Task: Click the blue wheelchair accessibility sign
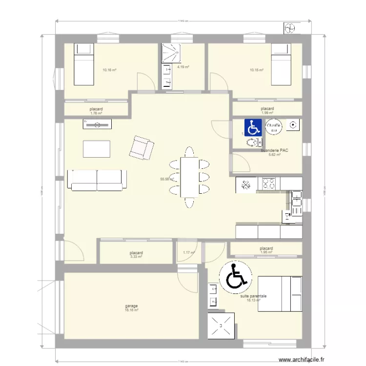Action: pyautogui.click(x=253, y=128)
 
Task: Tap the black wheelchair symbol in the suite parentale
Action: pyautogui.click(x=235, y=276)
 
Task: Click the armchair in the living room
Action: pyautogui.click(x=141, y=148)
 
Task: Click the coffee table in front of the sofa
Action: pyautogui.click(x=96, y=149)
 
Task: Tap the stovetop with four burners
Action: pyautogui.click(x=268, y=183)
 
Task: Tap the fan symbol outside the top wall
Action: pyautogui.click(x=289, y=29)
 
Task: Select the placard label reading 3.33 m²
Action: pyautogui.click(x=136, y=254)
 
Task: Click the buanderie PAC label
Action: pyautogui.click(x=275, y=150)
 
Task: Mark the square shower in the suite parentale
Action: pyautogui.click(x=223, y=325)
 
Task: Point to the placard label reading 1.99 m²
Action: pyautogui.click(x=267, y=111)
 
